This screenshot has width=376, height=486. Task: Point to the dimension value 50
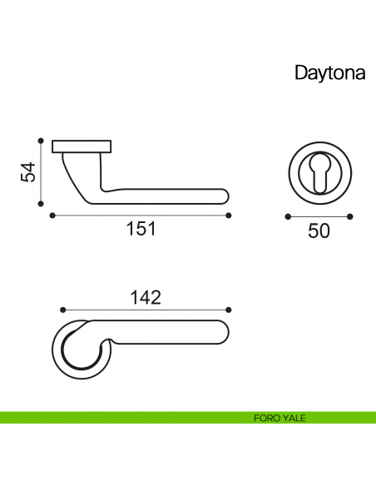tap(319, 231)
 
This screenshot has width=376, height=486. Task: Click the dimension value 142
tap(145, 296)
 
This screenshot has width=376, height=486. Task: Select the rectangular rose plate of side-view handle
tap(82, 147)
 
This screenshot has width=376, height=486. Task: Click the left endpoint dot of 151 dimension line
tap(52, 215)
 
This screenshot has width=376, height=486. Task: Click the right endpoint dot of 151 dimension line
tap(229, 215)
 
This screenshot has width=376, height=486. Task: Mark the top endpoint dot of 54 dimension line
tap(41, 140)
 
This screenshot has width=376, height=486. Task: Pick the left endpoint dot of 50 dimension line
tap(287, 216)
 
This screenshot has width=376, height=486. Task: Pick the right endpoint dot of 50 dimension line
tap(350, 216)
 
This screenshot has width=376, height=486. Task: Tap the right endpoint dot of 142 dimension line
tap(229, 310)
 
